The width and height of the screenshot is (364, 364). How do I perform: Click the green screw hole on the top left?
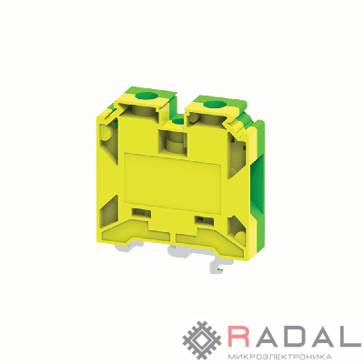[x=147, y=96]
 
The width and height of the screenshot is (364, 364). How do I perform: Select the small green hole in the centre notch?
[x=177, y=121]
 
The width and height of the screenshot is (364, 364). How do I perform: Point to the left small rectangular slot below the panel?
[x=141, y=212]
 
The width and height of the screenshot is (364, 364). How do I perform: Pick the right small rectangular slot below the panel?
[x=204, y=220]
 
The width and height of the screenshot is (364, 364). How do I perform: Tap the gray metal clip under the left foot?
[x=130, y=249]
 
